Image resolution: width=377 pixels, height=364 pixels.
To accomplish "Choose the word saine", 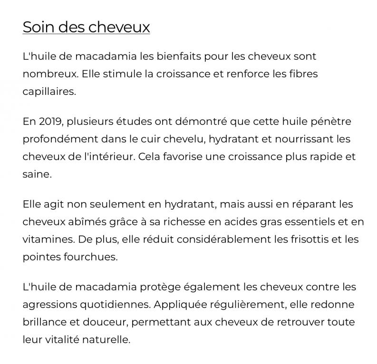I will point(36,174).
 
